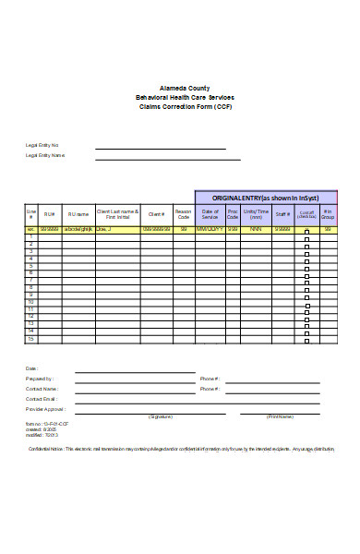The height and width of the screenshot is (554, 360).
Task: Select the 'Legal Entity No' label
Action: [x=42, y=145]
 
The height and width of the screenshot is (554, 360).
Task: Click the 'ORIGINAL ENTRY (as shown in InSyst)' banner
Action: [x=265, y=198]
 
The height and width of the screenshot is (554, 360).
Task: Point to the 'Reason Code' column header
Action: [x=183, y=214]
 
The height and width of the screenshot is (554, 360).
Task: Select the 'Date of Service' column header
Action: [x=210, y=214]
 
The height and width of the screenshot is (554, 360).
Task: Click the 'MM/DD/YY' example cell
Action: [x=210, y=228]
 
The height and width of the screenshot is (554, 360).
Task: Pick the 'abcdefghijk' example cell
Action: [x=78, y=228]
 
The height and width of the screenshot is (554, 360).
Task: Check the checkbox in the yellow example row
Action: [x=307, y=229]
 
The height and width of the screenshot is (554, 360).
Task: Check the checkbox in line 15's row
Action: [x=307, y=340]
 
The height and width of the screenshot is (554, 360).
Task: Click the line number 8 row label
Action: [x=30, y=287]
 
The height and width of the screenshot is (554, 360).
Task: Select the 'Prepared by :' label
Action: [x=40, y=379]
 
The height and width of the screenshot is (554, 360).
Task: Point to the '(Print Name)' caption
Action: [x=280, y=416]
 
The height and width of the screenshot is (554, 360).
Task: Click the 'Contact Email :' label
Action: [x=42, y=398]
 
